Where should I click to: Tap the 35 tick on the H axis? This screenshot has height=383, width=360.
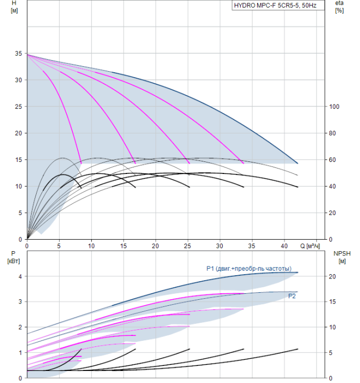pyautogui.click(x=19, y=54)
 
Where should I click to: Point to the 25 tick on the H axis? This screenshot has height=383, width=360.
pyautogui.click(x=19, y=107)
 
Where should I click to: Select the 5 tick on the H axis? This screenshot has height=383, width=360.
pyautogui.click(x=20, y=213)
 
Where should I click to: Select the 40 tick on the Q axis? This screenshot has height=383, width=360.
pyautogui.click(x=283, y=245)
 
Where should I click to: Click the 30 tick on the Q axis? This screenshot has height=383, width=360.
pyautogui.click(x=219, y=245)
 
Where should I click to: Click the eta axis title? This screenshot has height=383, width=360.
pyautogui.click(x=339, y=4)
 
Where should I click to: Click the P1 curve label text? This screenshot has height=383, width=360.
pyautogui.click(x=248, y=268)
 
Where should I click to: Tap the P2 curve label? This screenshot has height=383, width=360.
pyautogui.click(x=292, y=295)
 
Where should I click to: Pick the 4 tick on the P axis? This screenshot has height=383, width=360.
pyautogui.click(x=20, y=276)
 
